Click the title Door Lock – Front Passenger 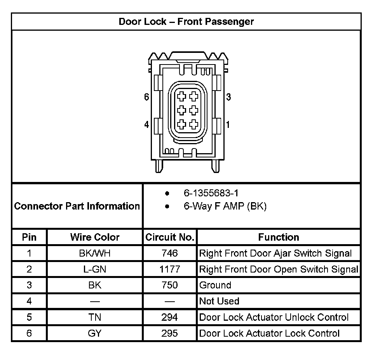(x=186, y=21)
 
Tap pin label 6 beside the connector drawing (x=146, y=97)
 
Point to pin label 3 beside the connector (x=228, y=97)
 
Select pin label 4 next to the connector (x=146, y=125)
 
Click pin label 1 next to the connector (x=228, y=125)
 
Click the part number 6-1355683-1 (x=211, y=193)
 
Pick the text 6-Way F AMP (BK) (x=225, y=206)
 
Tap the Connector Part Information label (x=77, y=206)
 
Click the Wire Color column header (x=95, y=237)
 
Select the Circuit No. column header (x=170, y=237)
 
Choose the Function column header (x=279, y=237)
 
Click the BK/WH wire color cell (x=95, y=253)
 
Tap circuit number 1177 (x=170, y=269)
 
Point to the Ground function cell (x=215, y=285)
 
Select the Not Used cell (x=219, y=301)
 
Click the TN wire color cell (x=95, y=317)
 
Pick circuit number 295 (x=170, y=333)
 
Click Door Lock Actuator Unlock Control (x=274, y=317)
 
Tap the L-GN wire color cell (x=95, y=269)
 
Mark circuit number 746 (x=170, y=253)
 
